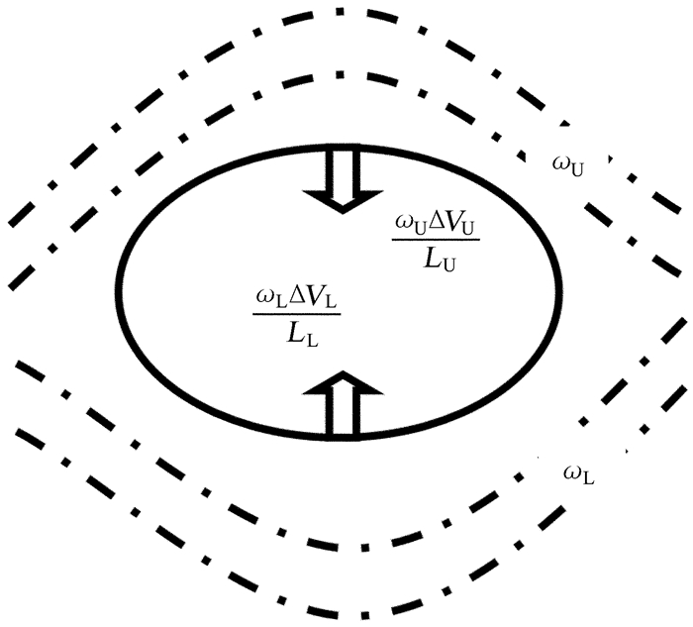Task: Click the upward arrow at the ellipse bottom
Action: point(343,402)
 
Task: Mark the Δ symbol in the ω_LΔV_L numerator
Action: point(289,296)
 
